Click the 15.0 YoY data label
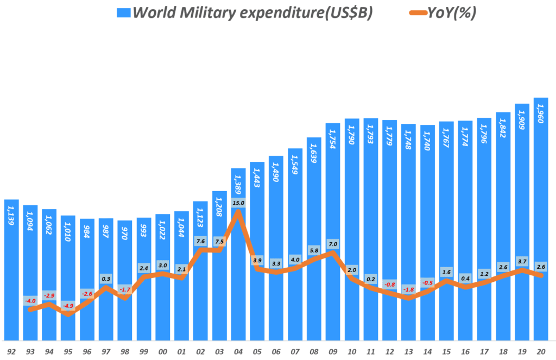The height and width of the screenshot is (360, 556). point(238,203)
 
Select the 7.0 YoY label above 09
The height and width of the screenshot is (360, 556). point(333,244)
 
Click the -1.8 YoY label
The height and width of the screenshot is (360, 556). point(408,289)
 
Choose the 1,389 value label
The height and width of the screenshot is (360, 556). point(238,185)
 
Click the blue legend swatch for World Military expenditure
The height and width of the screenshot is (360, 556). point(123,12)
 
